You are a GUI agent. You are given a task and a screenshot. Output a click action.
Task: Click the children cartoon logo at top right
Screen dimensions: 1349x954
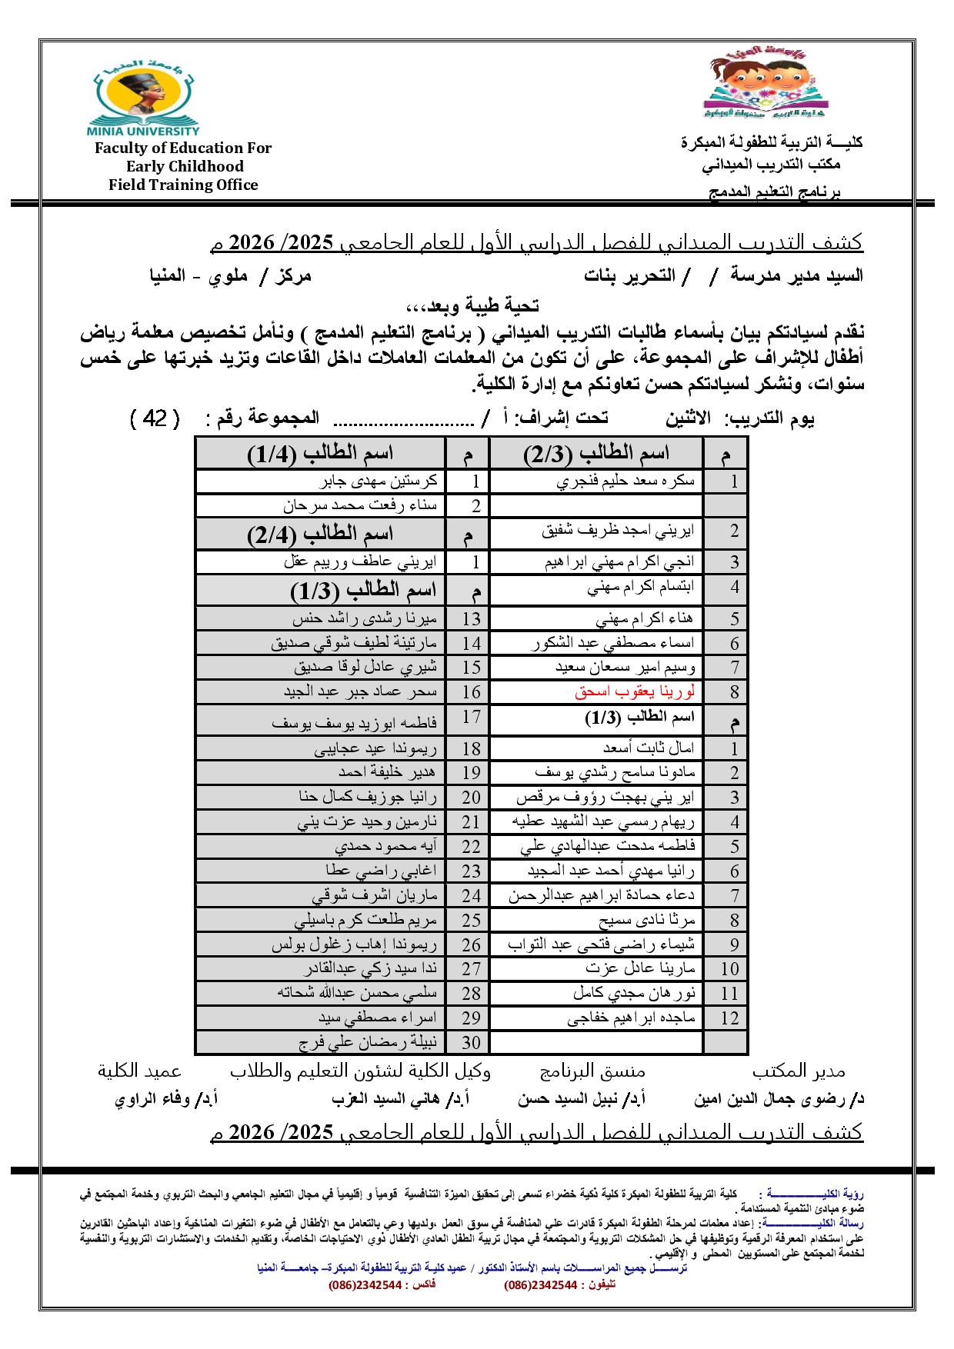click(x=766, y=85)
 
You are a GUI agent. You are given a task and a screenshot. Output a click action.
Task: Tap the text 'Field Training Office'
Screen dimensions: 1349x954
click(x=183, y=185)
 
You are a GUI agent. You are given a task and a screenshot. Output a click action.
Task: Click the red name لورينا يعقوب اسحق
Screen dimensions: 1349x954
click(x=635, y=692)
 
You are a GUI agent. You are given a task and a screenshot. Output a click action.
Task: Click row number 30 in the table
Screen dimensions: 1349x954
click(x=471, y=1043)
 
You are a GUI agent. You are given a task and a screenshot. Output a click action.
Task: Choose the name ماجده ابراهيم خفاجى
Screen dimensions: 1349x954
click(x=632, y=1018)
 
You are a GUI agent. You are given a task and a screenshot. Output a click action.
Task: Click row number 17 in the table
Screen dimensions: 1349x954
click(x=471, y=717)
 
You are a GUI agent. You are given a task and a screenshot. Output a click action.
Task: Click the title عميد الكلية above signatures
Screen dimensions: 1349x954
click(x=139, y=1071)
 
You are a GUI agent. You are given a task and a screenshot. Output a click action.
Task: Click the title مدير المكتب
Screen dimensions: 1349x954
click(x=798, y=1071)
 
